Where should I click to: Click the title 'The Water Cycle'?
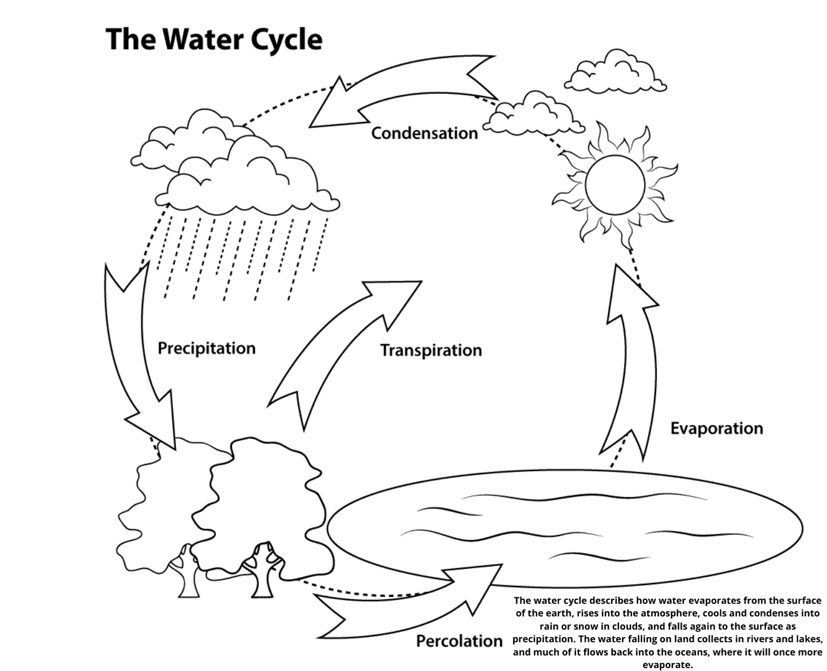point(214,40)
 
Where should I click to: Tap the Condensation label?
point(424,134)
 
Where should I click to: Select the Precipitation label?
point(207,348)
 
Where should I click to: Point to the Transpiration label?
point(431,350)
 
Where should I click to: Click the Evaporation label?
point(717,429)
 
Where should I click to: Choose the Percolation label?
point(459,641)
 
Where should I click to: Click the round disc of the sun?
point(615,185)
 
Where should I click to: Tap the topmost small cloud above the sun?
point(616,72)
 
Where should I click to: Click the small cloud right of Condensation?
point(534,114)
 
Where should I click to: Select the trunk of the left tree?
point(189,574)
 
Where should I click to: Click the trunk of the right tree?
point(262,573)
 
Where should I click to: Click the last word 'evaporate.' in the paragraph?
point(667,665)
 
